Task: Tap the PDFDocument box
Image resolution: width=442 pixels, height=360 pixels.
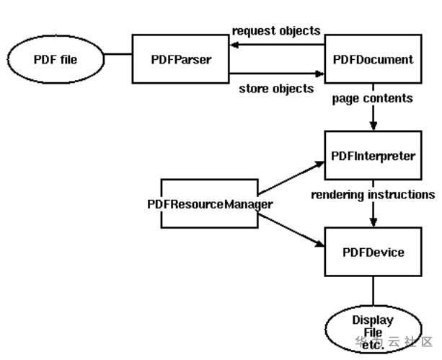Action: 373,59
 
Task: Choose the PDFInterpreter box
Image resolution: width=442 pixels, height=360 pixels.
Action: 373,156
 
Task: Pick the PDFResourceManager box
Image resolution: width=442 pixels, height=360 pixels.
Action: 210,204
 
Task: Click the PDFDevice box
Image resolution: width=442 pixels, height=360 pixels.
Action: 373,252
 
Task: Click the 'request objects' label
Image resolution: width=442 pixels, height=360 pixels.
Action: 276,30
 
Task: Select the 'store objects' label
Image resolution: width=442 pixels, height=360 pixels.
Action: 276,89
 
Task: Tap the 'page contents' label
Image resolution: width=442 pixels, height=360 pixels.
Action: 373,97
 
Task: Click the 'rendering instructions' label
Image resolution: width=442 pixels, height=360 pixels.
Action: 373,194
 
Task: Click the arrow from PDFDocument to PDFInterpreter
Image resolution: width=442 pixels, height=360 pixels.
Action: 373,117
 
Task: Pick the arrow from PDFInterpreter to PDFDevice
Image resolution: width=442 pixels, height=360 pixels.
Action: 373,214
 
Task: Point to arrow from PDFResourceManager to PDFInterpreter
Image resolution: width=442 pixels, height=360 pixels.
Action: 291,177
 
